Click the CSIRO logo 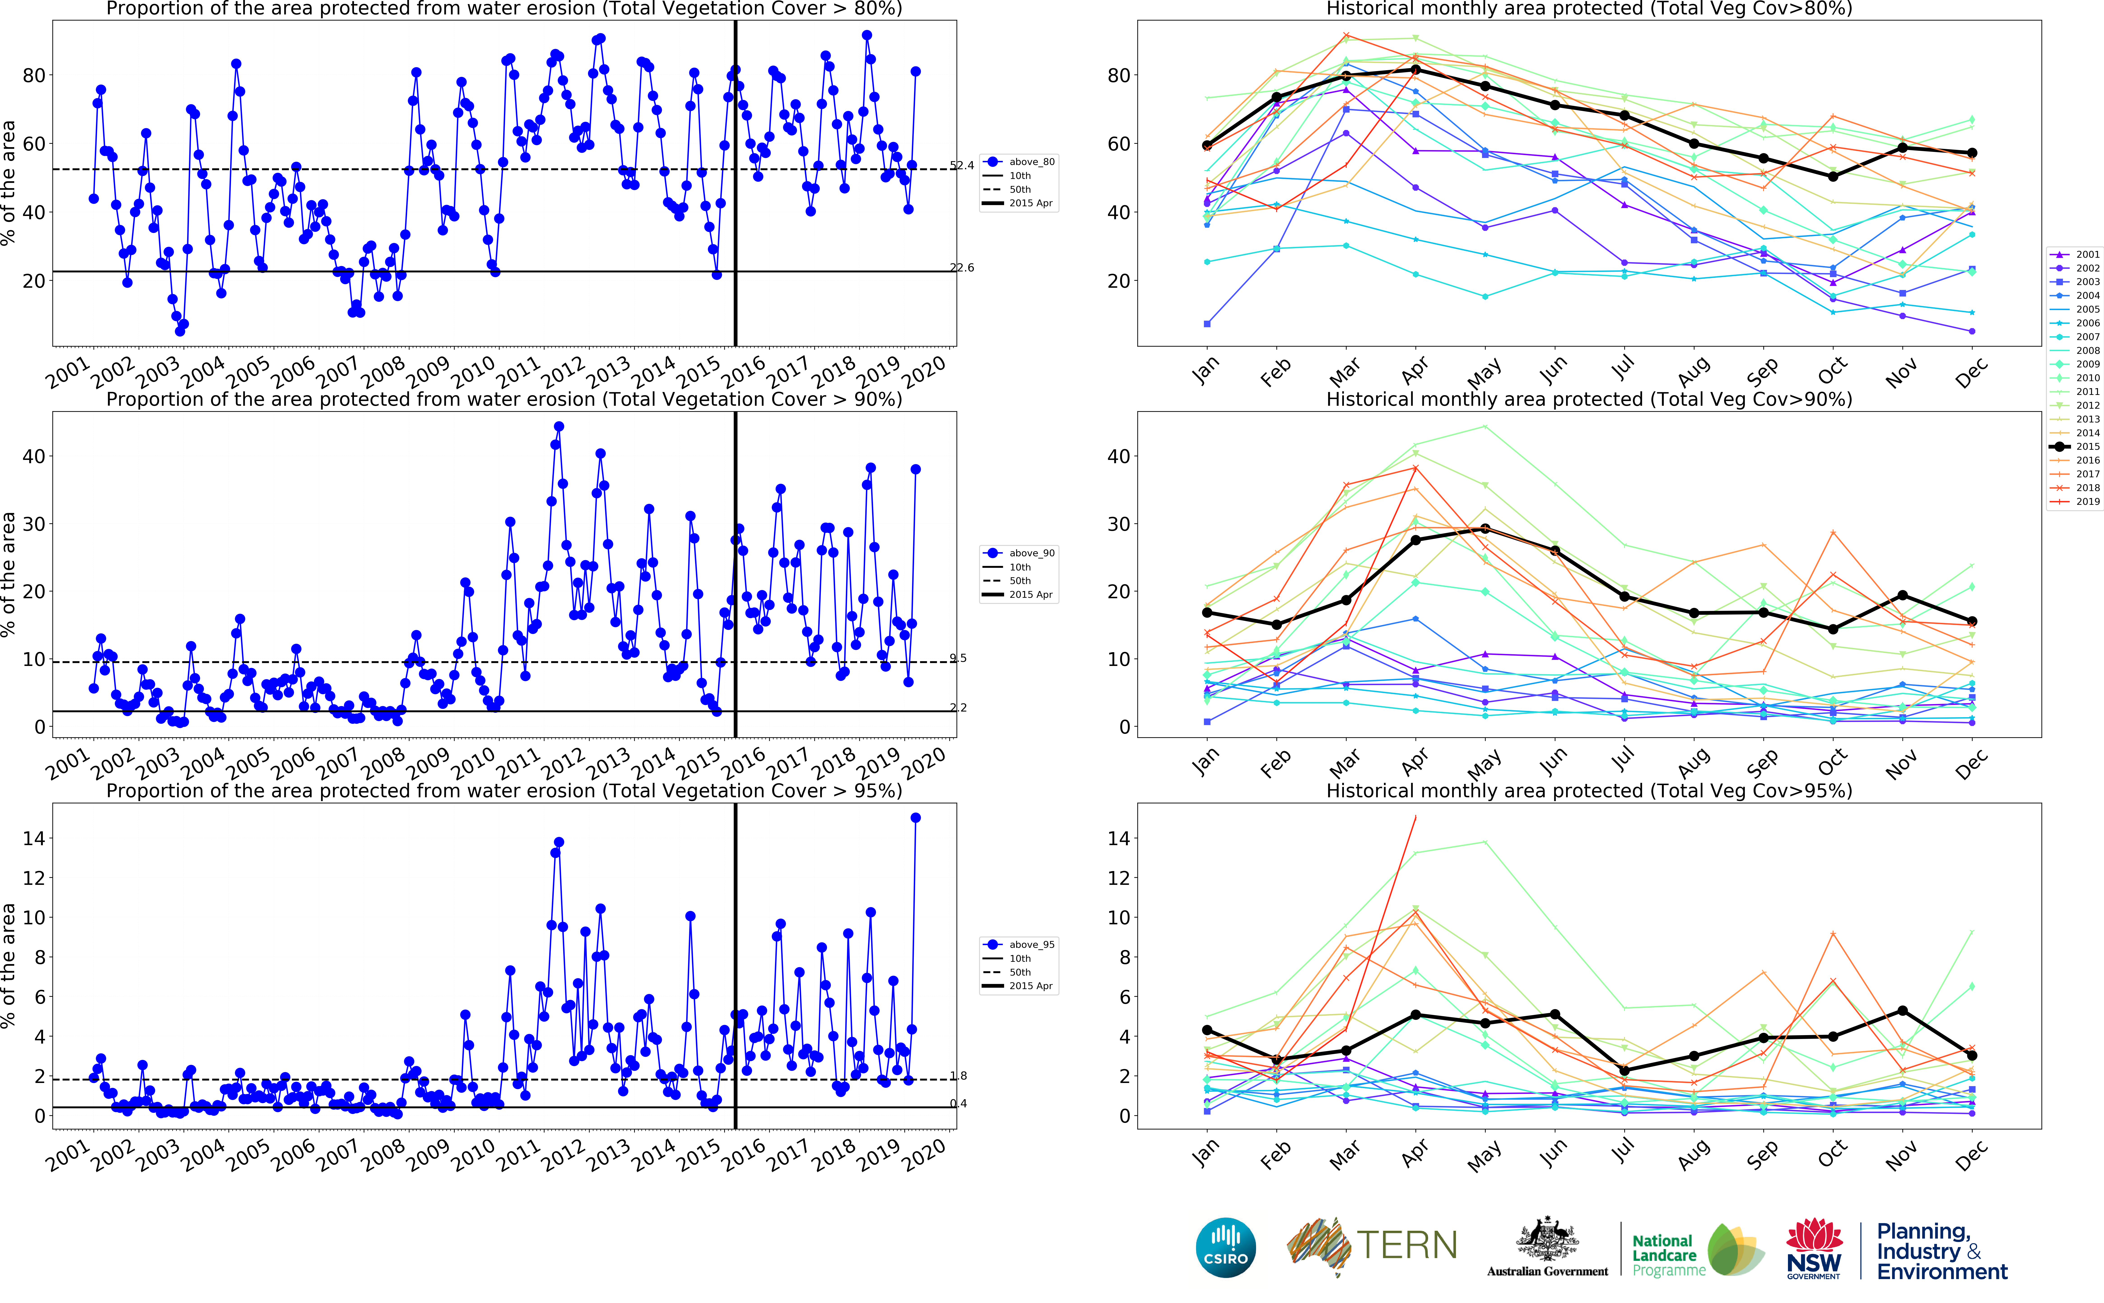click(1226, 1248)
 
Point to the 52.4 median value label click(962, 165)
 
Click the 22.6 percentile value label click(962, 268)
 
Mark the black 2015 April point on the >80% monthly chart click(1415, 70)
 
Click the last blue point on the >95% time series click(915, 818)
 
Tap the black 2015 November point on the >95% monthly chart click(1902, 1011)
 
